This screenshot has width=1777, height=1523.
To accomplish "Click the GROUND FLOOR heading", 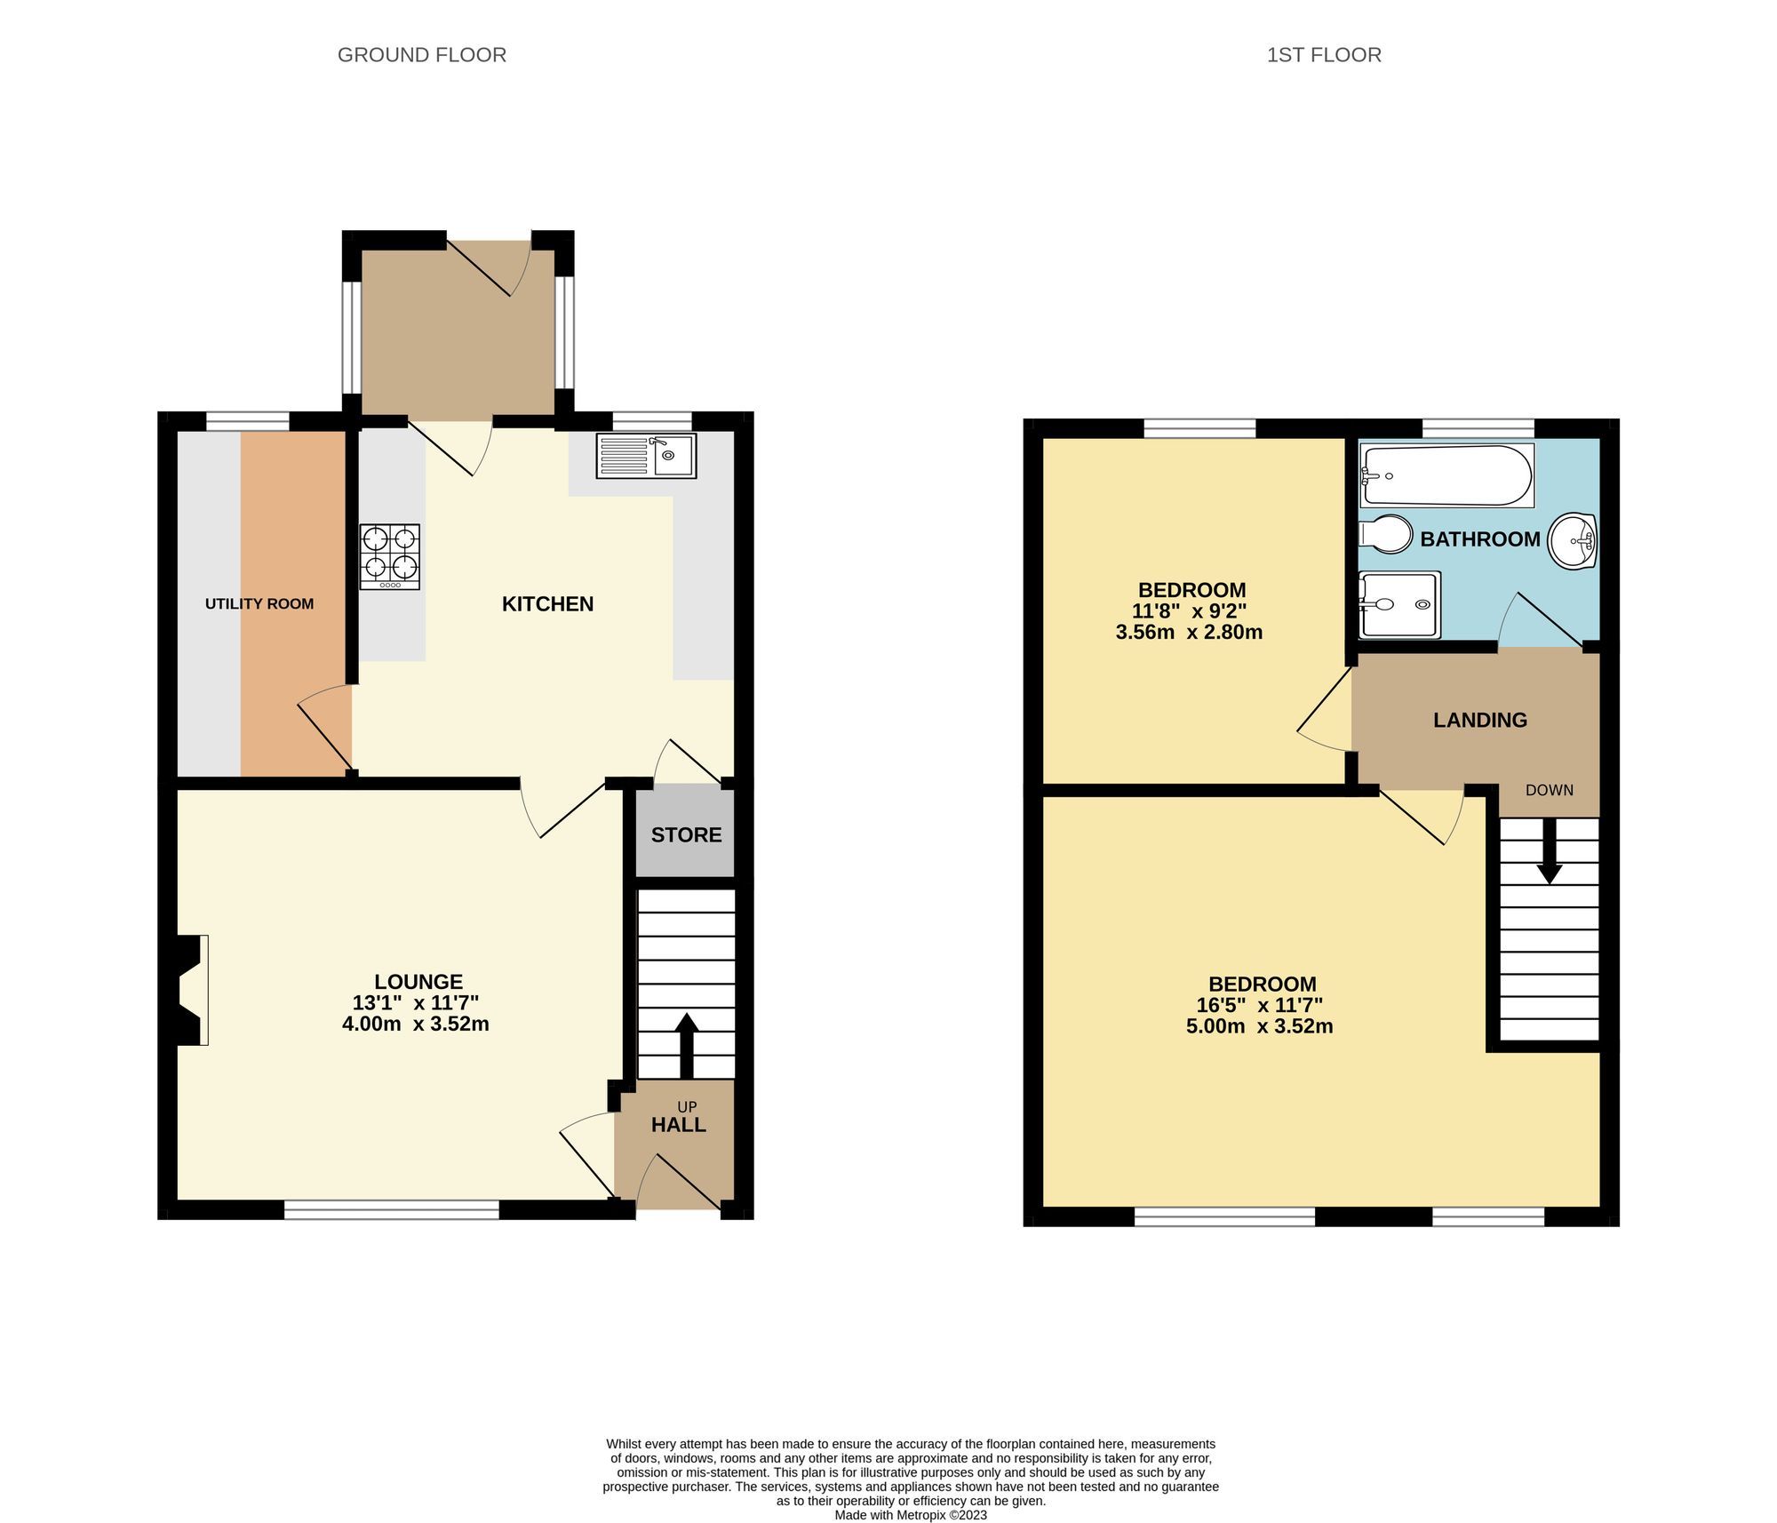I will [422, 55].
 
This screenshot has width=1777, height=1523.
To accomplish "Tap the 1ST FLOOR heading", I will [1324, 55].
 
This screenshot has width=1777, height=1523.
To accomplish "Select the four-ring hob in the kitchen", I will [390, 557].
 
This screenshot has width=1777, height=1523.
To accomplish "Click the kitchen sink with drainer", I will [646, 456].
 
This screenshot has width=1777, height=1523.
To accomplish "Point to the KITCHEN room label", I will [547, 604].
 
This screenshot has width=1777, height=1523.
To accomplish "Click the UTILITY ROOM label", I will [259, 604].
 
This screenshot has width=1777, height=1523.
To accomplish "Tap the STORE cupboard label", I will [686, 835].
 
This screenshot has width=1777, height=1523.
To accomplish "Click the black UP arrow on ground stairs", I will [687, 1046].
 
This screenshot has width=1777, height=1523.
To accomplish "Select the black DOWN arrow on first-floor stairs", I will [1550, 850].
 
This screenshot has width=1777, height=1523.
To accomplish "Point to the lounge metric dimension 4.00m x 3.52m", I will [416, 1024].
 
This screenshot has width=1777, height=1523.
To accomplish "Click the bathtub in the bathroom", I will [1446, 476].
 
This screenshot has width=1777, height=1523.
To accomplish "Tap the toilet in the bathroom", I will [1386, 535].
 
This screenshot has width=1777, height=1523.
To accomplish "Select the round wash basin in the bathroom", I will [1574, 540].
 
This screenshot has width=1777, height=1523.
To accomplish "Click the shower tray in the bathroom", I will [1399, 605].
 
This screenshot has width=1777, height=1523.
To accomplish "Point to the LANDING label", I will [1480, 721].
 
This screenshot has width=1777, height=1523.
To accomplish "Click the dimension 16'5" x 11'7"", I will [1260, 1006].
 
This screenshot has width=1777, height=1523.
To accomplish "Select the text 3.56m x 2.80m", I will [1189, 633].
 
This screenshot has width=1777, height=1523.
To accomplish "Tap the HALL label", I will [679, 1125].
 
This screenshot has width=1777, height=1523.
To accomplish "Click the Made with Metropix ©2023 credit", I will [911, 1515].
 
